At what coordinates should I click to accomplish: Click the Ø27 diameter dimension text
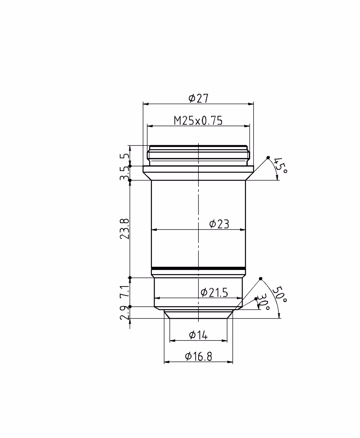[198, 98]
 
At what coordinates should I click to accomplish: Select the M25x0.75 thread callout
[198, 120]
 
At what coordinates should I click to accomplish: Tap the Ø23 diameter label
[219, 224]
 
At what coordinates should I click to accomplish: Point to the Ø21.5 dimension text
[214, 293]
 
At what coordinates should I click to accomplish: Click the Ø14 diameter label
[198, 335]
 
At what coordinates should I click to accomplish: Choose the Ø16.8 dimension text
[198, 357]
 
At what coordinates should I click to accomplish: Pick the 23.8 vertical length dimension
[125, 229]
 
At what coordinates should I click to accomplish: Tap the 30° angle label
[263, 302]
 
